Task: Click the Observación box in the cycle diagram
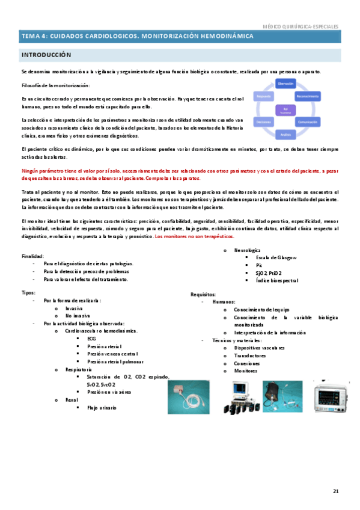point(285,83)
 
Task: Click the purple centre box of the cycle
point(285,109)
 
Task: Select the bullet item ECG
point(91,339)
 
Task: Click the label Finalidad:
point(32,256)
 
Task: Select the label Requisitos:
point(203,294)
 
